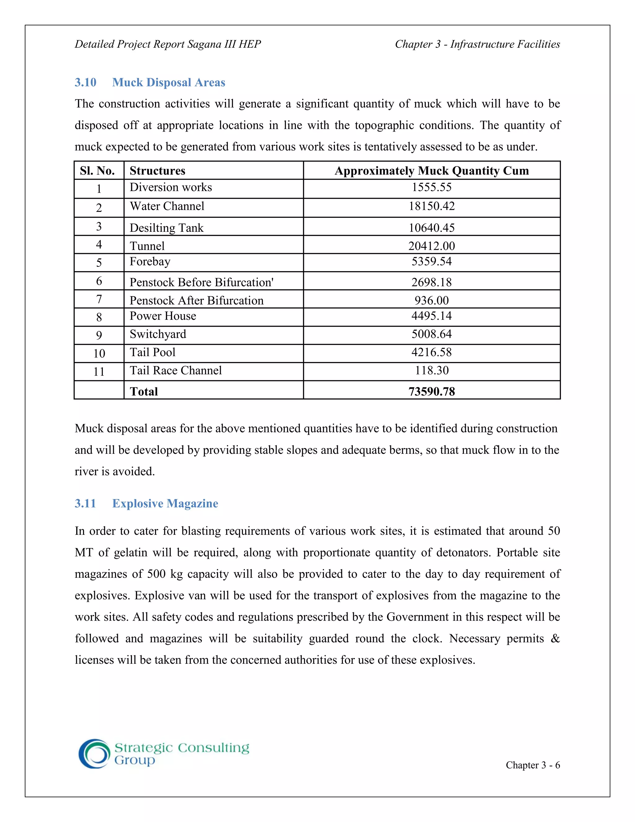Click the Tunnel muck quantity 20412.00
pyautogui.click(x=432, y=246)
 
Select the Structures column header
pyautogui.click(x=157, y=171)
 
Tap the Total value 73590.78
pyautogui.click(x=432, y=391)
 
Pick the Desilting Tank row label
pyautogui.click(x=166, y=228)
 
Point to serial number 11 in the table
pyautogui.click(x=99, y=372)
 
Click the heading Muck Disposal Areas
pyautogui.click(x=169, y=83)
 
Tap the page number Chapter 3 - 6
pyautogui.click(x=533, y=765)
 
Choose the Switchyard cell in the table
pyautogui.click(x=158, y=334)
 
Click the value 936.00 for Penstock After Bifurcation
pyautogui.click(x=432, y=300)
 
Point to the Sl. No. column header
pyautogui.click(x=97, y=171)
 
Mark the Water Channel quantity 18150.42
pyautogui.click(x=432, y=206)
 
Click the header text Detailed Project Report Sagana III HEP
pyautogui.click(x=168, y=44)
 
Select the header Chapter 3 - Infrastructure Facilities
pyautogui.click(x=477, y=44)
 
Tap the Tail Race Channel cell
pyautogui.click(x=176, y=370)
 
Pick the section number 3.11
pyautogui.click(x=85, y=503)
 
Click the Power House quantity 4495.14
pyautogui.click(x=432, y=316)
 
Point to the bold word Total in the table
pyautogui.click(x=144, y=391)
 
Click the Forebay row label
pyautogui.click(x=150, y=261)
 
